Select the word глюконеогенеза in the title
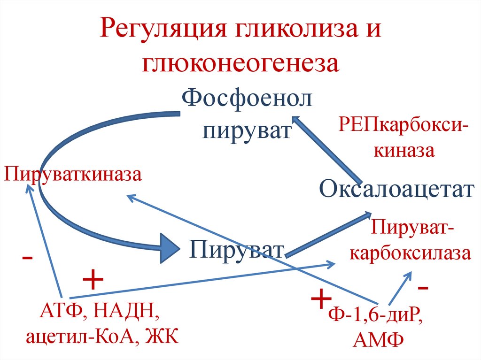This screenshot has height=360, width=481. pyautogui.click(x=240, y=63)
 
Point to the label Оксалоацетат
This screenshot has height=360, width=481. pyautogui.click(x=396, y=190)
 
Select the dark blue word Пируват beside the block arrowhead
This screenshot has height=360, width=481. pyautogui.click(x=237, y=249)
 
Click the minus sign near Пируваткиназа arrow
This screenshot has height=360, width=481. pyautogui.click(x=27, y=258)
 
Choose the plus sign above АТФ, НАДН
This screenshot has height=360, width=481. pyautogui.click(x=93, y=281)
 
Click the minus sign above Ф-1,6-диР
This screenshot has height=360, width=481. pyautogui.click(x=423, y=286)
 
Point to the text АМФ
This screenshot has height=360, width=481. pyautogui.click(x=379, y=339)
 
